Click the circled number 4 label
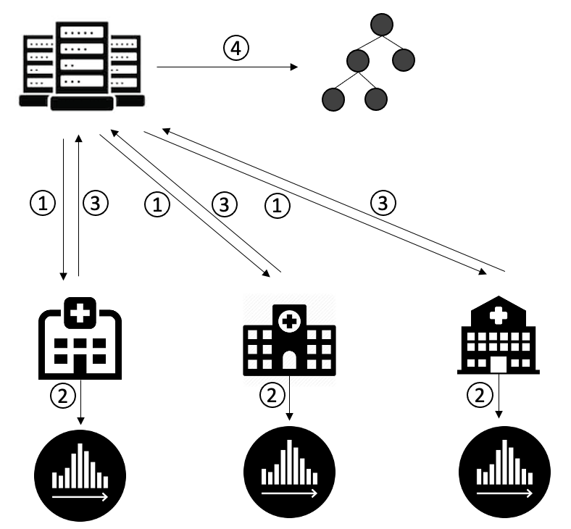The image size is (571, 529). tap(236, 49)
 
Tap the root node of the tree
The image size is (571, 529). tap(382, 25)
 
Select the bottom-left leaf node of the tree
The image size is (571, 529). tap(333, 99)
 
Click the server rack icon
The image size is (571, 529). tap(82, 66)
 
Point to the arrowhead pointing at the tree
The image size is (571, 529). tap(294, 67)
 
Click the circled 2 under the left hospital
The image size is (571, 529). tap(62, 396)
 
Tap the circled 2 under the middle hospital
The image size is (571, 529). tap(272, 396)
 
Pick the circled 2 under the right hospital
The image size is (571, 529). tap(480, 395)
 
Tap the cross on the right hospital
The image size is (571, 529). tap(498, 315)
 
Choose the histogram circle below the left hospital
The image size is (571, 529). tap(80, 476)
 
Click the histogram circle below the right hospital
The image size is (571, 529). tap(505, 472)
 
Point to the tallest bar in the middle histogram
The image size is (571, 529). tap(290, 462)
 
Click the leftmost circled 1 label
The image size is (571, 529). tap(43, 203)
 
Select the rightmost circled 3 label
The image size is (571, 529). tap(383, 203)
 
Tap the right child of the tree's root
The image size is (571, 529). tap(404, 59)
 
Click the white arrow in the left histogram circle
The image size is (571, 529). tap(80, 496)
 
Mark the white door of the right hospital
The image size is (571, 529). tap(499, 365)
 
